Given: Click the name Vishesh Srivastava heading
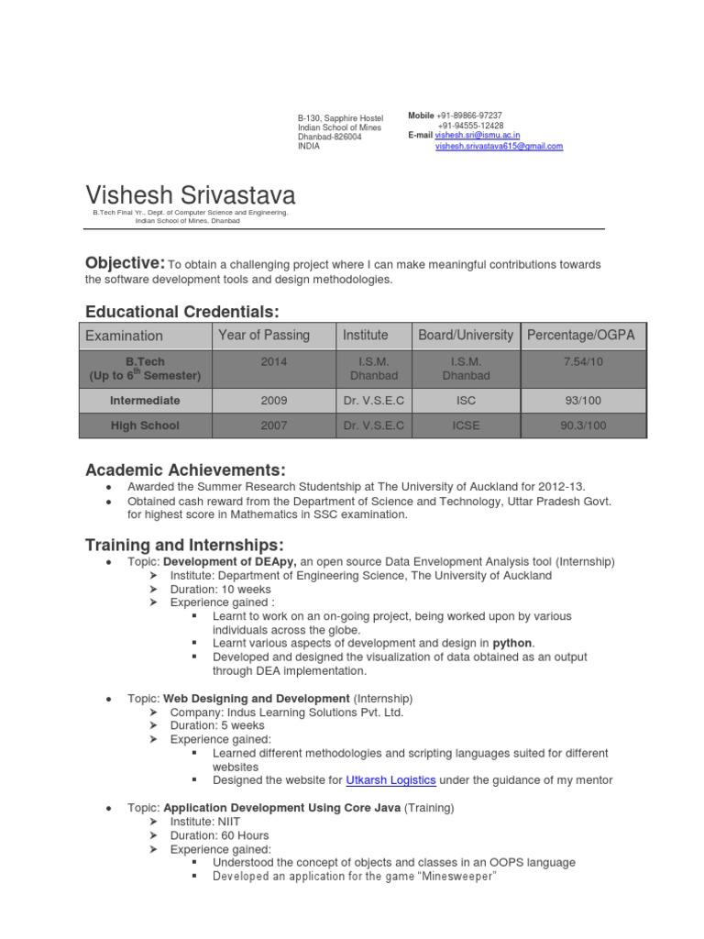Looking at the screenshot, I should tap(191, 194).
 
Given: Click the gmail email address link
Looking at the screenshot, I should tap(499, 146).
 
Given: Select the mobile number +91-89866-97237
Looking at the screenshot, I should tap(470, 116).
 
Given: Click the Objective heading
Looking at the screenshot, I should tap(125, 263).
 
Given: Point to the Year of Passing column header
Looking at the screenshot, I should tap(264, 336).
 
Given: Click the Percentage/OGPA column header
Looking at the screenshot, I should tap(580, 336).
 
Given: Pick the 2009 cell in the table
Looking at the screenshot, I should tap(273, 401).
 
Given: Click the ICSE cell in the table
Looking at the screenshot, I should tap(466, 425).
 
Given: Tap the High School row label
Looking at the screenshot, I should tap(145, 425).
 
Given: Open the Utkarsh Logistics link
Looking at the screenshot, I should tap(391, 780).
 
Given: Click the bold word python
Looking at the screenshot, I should tap(512, 643).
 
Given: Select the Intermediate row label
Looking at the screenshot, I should tap(145, 401).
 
